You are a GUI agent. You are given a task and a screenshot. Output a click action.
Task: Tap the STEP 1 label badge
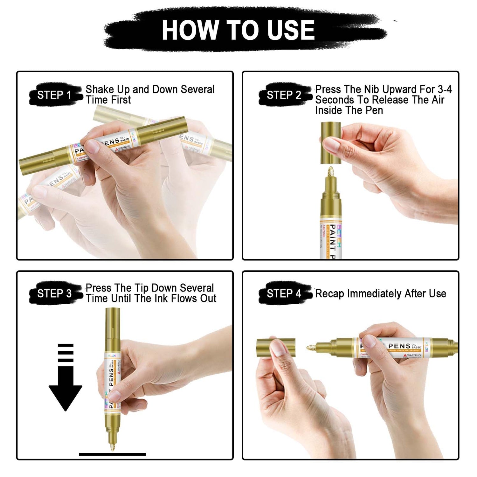click(x=54, y=95)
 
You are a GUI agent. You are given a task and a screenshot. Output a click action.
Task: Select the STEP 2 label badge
click(x=284, y=95)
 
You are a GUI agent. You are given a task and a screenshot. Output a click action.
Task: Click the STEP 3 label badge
click(x=54, y=293)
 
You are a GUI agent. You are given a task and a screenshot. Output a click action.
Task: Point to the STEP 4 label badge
click(x=284, y=293)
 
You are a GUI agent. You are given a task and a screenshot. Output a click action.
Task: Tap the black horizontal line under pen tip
click(x=112, y=454)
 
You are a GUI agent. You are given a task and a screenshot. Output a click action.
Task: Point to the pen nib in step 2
click(x=331, y=173)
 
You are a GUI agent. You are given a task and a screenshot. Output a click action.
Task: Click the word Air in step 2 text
click(x=438, y=100)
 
